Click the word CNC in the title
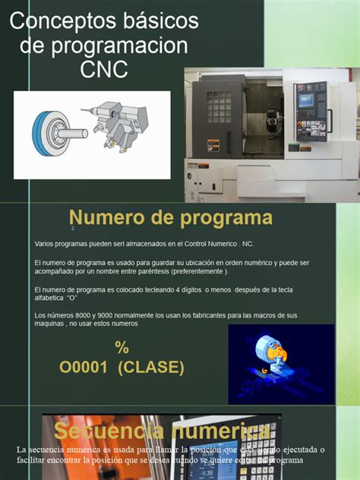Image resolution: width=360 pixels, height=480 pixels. [x=104, y=70]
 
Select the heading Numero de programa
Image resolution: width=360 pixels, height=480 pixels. [x=171, y=219]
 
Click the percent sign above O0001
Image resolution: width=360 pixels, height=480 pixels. [x=122, y=347]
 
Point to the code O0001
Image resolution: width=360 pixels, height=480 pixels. [x=84, y=368]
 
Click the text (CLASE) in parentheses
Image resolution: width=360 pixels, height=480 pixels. [x=150, y=368]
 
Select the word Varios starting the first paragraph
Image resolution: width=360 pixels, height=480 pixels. [x=45, y=244]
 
